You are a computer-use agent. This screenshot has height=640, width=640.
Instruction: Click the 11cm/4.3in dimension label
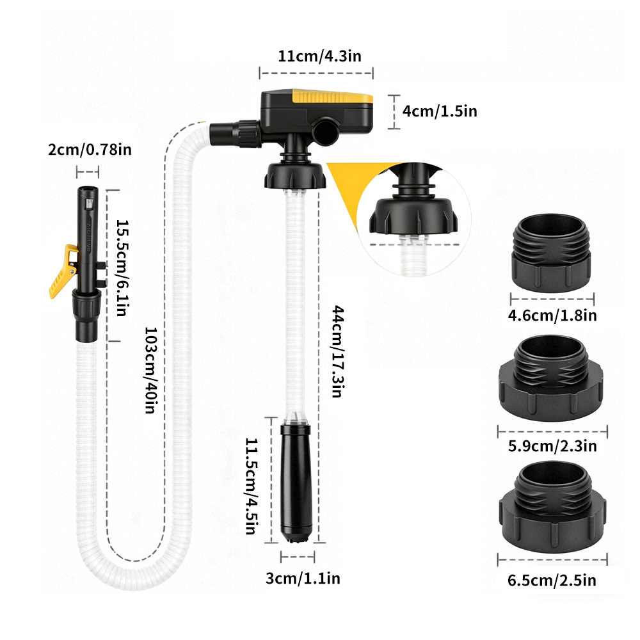(x=319, y=56)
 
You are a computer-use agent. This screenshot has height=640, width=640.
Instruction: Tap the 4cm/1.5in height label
(x=440, y=111)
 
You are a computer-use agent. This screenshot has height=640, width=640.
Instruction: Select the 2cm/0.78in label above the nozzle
(x=90, y=149)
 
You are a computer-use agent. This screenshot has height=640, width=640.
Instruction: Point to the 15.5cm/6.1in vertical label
(x=122, y=268)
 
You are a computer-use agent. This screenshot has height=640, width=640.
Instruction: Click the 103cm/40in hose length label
(x=151, y=370)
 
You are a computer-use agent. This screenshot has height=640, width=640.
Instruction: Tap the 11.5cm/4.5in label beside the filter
(x=252, y=486)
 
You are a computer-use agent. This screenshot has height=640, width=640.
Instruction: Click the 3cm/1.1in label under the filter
(x=303, y=578)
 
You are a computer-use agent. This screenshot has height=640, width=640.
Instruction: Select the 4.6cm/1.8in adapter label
(x=552, y=315)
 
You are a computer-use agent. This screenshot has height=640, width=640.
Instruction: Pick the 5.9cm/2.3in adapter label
(x=552, y=445)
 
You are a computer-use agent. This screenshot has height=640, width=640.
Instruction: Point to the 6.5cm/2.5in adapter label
(x=552, y=580)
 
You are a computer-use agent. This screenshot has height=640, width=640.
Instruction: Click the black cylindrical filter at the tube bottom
(x=296, y=483)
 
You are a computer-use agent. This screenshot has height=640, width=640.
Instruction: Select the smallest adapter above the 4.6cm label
(x=551, y=253)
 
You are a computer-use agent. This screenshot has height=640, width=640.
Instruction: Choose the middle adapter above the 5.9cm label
(x=551, y=378)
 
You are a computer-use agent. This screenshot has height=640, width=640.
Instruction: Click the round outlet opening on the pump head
(x=325, y=131)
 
